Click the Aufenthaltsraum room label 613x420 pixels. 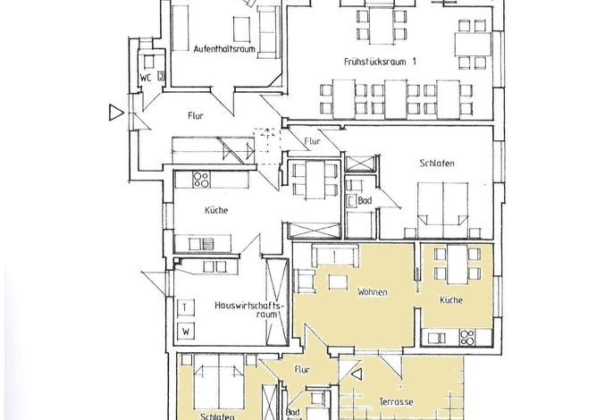tap(224, 49)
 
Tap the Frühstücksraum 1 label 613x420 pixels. tap(380, 62)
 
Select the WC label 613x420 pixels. tap(146, 78)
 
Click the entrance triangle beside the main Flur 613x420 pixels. tap(116, 113)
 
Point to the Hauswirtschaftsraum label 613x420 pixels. tap(248, 309)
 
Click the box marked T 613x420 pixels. tap(185, 307)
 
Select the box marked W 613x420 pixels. tap(186, 332)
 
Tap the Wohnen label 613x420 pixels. tap(373, 291)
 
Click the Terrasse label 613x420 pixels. tap(396, 401)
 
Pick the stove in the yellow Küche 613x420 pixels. tap(467, 338)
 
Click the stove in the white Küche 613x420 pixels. tap(201, 180)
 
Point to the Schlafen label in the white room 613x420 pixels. tap(437, 163)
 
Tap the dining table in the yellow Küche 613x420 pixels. tap(457, 265)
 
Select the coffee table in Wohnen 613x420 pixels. tap(339, 281)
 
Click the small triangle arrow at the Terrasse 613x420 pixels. tap(357, 374)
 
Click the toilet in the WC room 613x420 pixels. tap(149, 63)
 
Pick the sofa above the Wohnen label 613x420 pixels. tap(334, 256)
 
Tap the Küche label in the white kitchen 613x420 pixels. tap(216, 210)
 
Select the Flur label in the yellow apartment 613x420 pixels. tap(302, 370)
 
